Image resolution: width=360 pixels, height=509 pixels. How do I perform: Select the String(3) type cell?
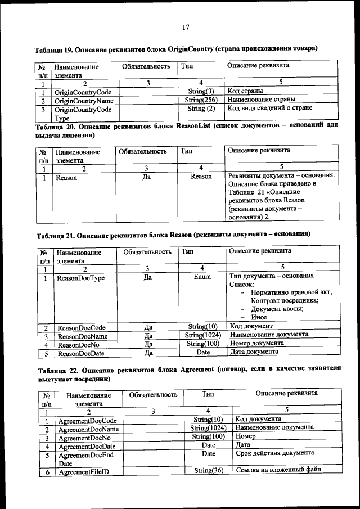[201, 92]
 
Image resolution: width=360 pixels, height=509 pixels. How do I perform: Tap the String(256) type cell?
[201, 100]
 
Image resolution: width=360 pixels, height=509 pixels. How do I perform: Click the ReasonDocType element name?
[81, 278]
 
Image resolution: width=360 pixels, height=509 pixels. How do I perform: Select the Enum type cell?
[202, 277]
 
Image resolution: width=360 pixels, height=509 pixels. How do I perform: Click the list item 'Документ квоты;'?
[277, 309]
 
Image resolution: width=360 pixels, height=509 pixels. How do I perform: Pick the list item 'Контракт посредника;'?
[285, 300]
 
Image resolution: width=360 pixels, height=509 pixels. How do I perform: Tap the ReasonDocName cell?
[83, 336]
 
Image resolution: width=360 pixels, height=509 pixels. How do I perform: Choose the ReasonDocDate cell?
[83, 353]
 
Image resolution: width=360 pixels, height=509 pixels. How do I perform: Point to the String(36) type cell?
[208, 471]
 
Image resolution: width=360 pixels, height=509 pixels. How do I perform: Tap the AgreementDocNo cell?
[84, 438]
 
